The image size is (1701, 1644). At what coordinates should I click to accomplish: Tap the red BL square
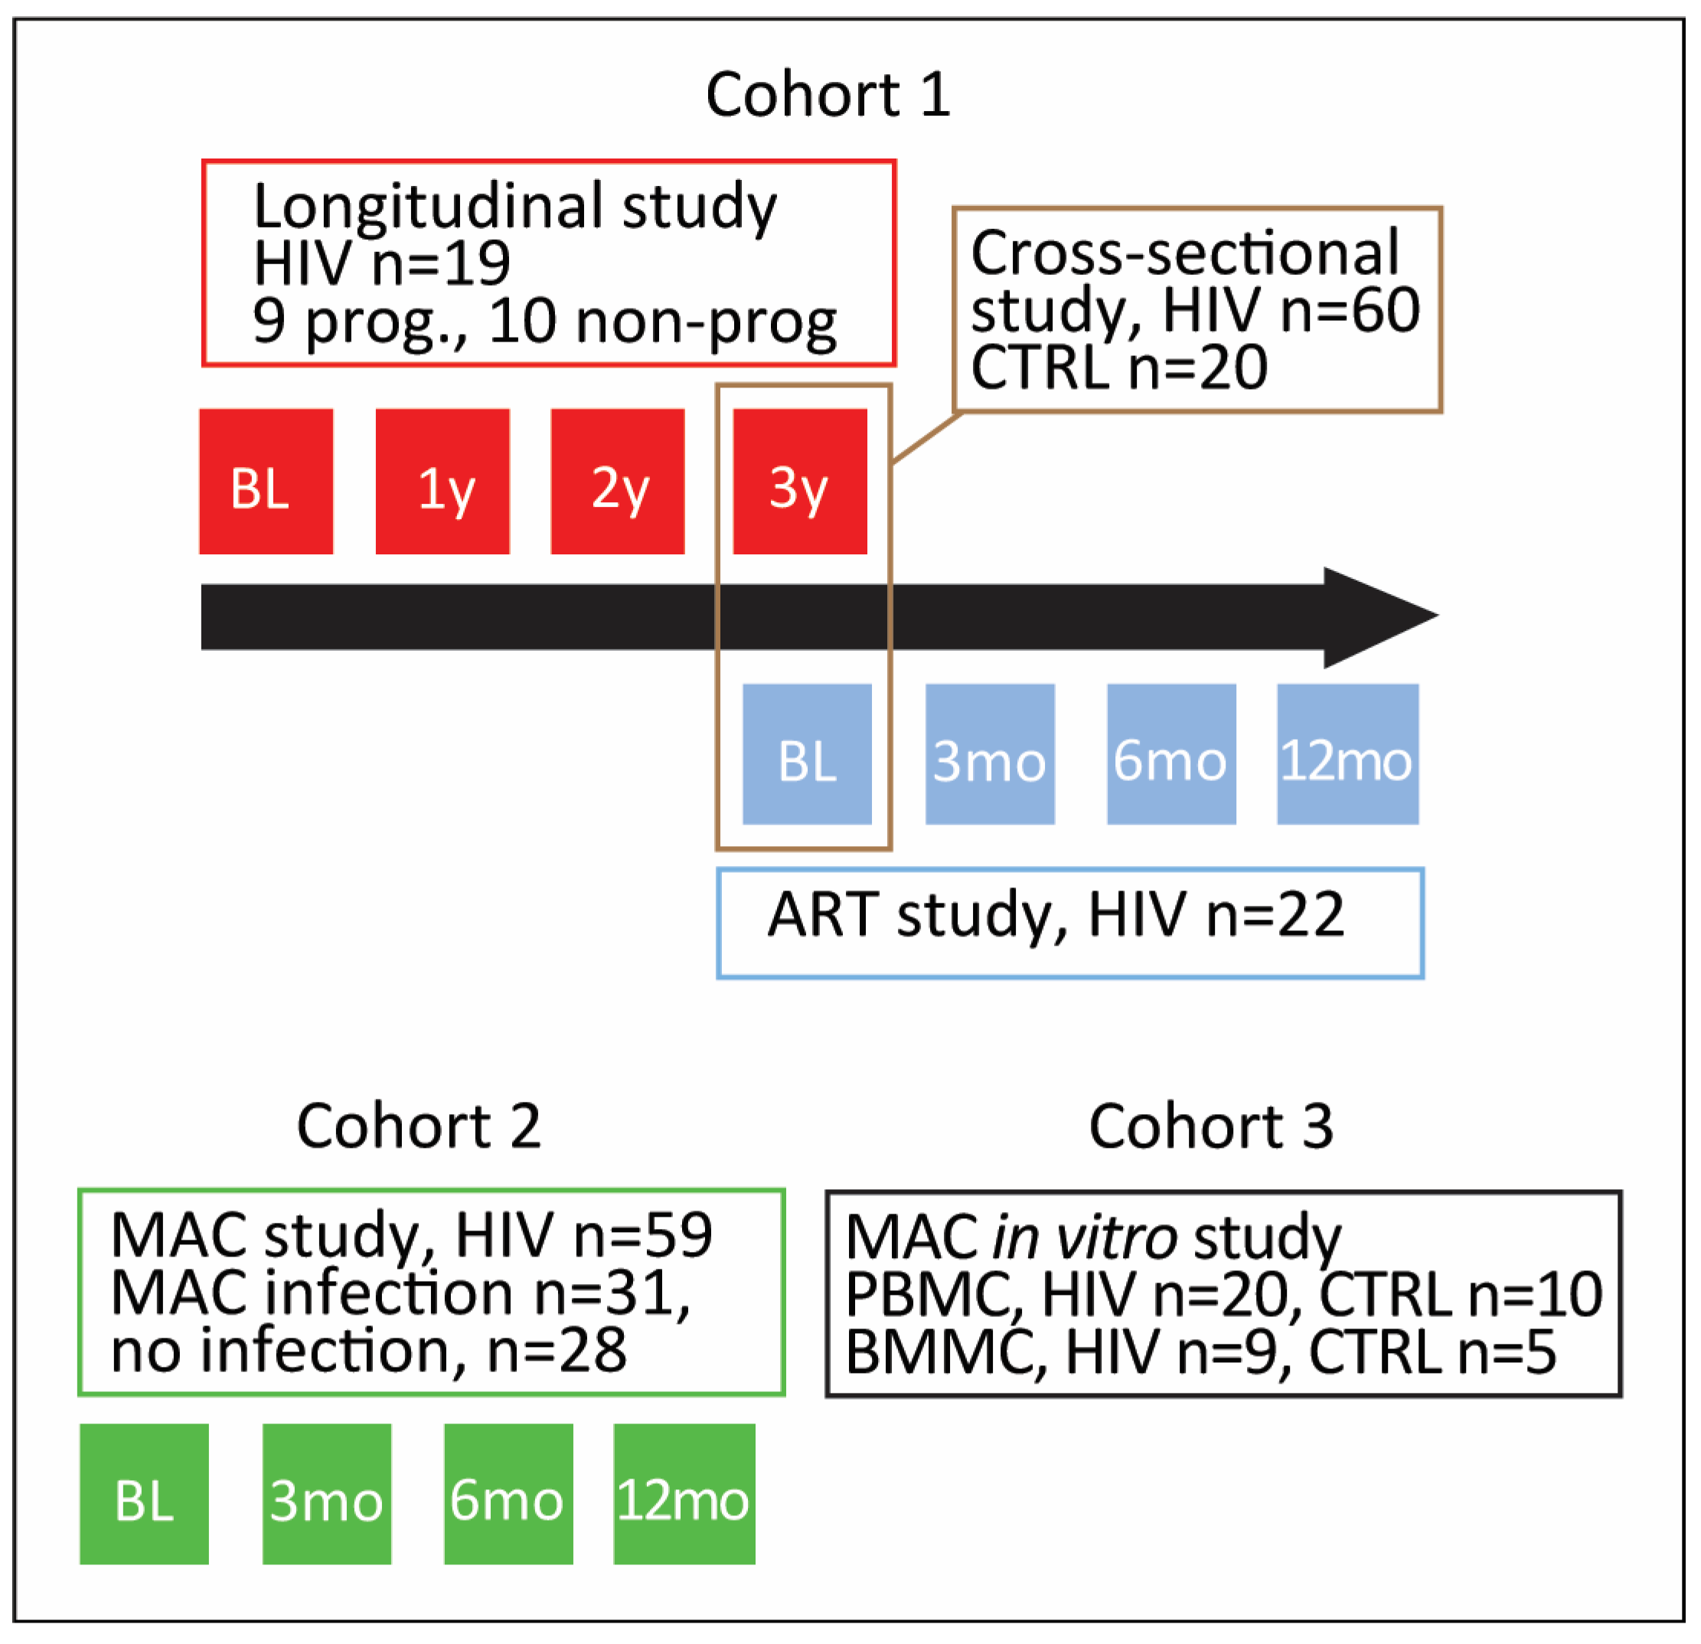coord(266,482)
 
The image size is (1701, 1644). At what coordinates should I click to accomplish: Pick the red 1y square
coord(442,482)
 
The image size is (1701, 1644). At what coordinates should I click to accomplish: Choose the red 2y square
coord(617,482)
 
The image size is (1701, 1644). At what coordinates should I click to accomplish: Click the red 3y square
coord(799,482)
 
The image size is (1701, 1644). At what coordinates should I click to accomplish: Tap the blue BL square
coord(806,754)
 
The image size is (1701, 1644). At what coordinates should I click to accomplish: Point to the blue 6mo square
coord(1170,754)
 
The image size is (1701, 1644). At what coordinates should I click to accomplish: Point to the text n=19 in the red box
coord(440,264)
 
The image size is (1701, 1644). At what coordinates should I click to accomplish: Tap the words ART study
coord(908,916)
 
